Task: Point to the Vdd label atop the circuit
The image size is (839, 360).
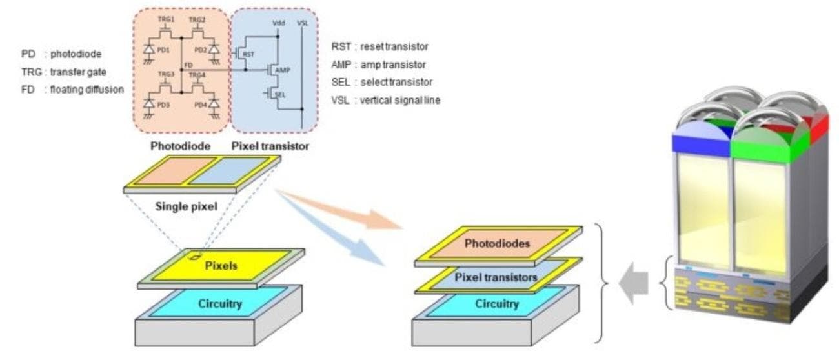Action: pyautogui.click(x=278, y=23)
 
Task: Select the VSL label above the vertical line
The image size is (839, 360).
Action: pyautogui.click(x=302, y=23)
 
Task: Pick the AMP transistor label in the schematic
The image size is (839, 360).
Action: pyautogui.click(x=281, y=70)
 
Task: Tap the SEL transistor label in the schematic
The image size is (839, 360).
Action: pyautogui.click(x=279, y=94)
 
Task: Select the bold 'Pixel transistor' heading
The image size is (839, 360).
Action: pyautogui.click(x=269, y=146)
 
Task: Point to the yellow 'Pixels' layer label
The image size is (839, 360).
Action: pyautogui.click(x=220, y=265)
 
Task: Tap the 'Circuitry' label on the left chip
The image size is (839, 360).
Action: pyautogui.click(x=220, y=303)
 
